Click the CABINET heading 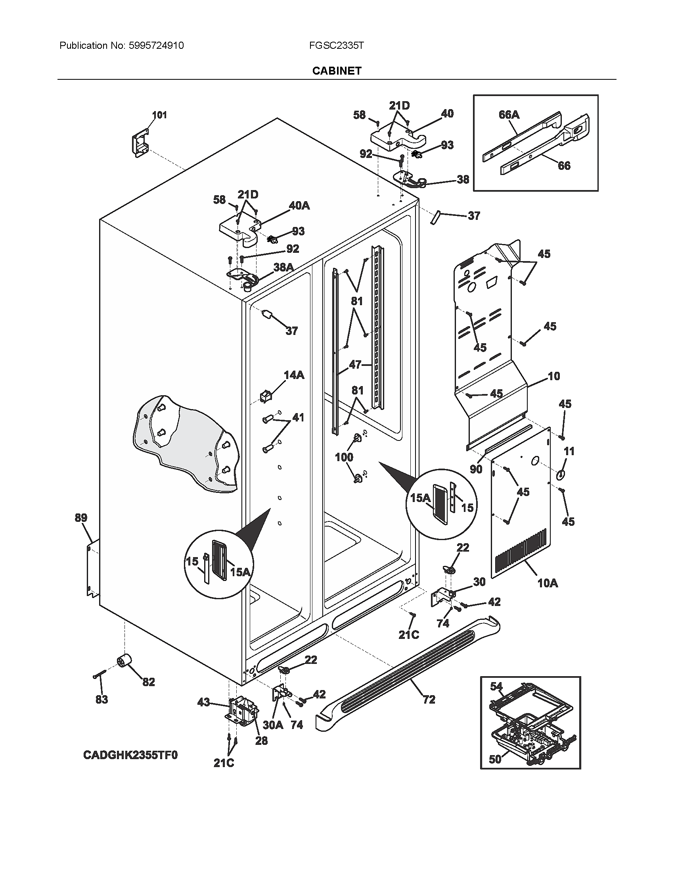[337, 71]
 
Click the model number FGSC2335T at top [336, 46]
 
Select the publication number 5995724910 [157, 46]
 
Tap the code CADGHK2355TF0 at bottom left [130, 755]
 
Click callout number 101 [159, 115]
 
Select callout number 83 [102, 700]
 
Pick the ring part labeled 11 [561, 475]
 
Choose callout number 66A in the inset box [509, 115]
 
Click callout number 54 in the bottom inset [496, 686]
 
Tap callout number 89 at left [80, 518]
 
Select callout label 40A [299, 206]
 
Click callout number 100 [344, 457]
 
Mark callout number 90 [476, 469]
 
